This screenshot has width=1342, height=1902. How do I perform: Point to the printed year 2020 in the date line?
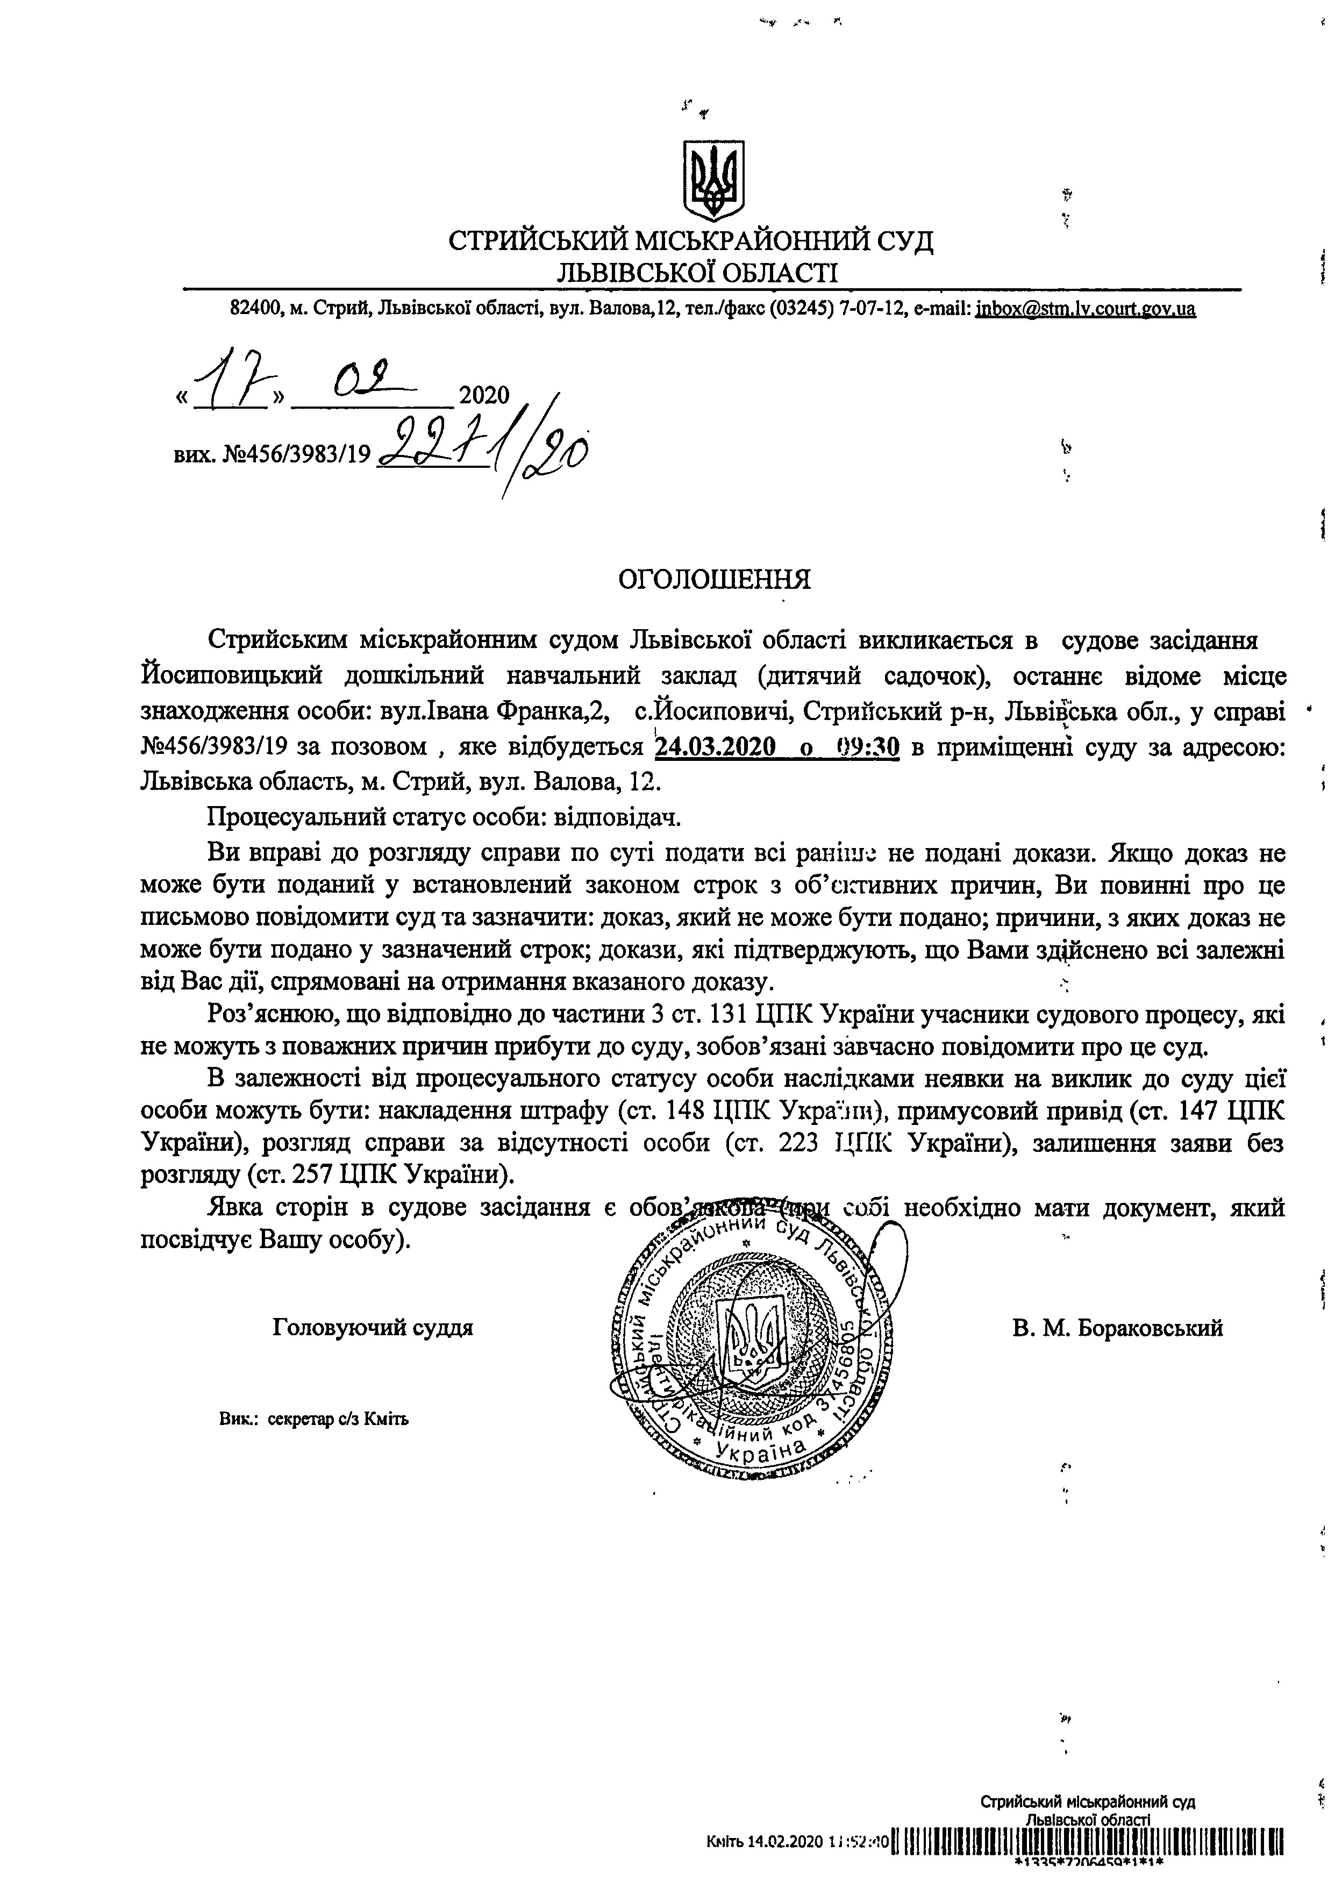[x=484, y=396]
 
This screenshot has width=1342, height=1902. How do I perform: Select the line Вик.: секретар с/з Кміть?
[x=314, y=1418]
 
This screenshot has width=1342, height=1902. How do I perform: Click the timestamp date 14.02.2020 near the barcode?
[x=786, y=1864]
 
